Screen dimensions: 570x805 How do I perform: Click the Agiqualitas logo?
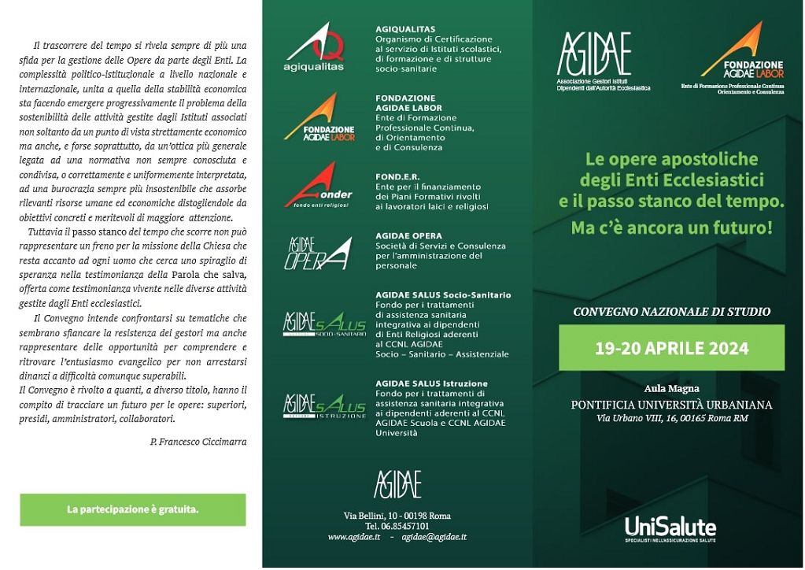coord(314,48)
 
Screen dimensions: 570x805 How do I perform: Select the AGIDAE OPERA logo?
coord(316,252)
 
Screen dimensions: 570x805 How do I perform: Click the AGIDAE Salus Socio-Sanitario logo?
coord(324,324)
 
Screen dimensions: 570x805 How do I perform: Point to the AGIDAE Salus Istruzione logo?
coord(324,405)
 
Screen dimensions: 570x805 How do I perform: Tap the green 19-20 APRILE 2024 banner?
coord(671,347)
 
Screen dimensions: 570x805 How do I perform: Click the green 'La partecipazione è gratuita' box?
coord(132,509)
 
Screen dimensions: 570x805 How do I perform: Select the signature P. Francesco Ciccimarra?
coord(198,442)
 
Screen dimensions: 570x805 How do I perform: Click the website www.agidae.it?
coord(354,536)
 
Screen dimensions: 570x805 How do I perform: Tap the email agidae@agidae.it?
coord(434,536)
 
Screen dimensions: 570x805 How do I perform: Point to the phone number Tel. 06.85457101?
coord(397,526)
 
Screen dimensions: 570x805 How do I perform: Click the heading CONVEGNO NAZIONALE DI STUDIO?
coord(671,312)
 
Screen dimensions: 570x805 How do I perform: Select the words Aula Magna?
coord(671,389)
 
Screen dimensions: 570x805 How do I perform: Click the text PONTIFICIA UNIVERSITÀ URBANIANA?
coord(671,405)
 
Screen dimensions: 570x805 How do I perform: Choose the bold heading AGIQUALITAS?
coord(405,29)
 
